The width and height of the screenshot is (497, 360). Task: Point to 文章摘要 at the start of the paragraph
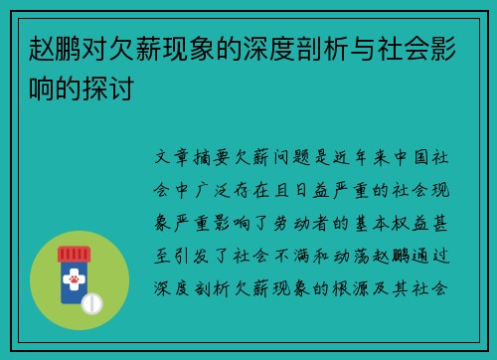tap(194, 157)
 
